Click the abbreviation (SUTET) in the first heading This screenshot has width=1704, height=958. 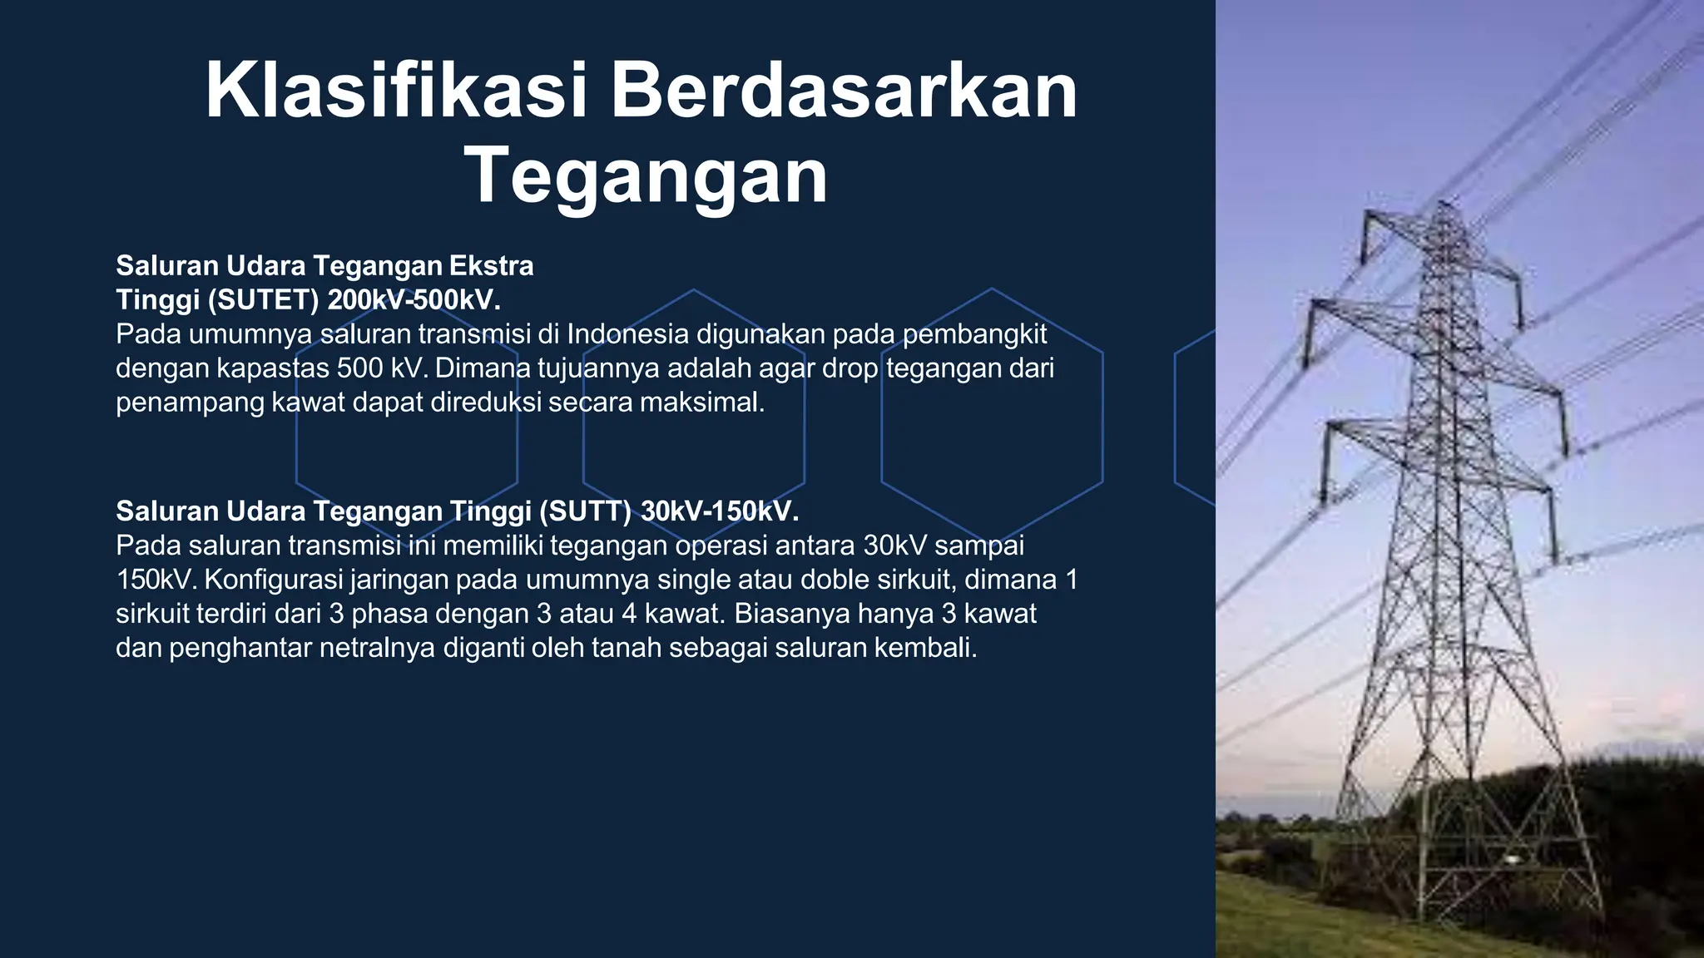pos(263,299)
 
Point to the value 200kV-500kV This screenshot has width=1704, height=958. pos(414,299)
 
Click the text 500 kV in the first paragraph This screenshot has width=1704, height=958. pos(379,368)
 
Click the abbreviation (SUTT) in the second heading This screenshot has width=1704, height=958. pos(585,511)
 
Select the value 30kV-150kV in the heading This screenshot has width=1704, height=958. pos(720,511)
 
